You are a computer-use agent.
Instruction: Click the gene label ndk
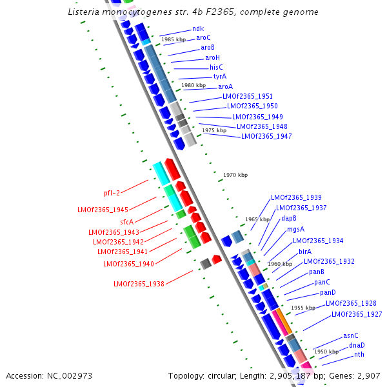197,28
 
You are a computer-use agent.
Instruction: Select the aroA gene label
225,86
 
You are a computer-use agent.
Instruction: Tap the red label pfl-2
112,193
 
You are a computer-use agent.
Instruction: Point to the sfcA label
126,221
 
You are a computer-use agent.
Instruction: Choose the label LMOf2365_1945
103,210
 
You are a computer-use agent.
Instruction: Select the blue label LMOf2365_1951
248,96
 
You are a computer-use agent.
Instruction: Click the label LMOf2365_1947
266,136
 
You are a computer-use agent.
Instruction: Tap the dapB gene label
288,218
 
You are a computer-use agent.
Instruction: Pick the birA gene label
305,252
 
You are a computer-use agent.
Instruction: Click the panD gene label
328,293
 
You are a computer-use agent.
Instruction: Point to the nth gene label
359,355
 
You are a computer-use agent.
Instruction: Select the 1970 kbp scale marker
235,175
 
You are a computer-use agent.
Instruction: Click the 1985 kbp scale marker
174,40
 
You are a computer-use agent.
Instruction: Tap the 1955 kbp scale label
303,308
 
